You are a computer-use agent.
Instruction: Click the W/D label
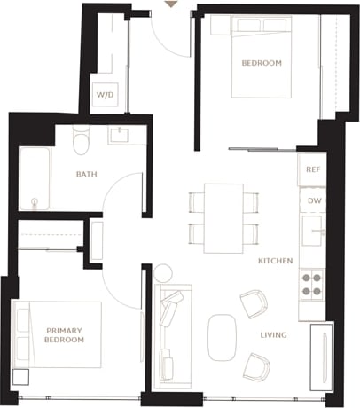coord(104,94)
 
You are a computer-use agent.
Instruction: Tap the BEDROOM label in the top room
coord(262,63)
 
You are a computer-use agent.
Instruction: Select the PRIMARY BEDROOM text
coord(64,335)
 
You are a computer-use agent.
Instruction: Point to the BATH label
coord(86,174)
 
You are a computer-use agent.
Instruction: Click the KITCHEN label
coord(276,262)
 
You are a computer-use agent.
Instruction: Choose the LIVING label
coord(272,335)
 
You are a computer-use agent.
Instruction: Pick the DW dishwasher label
coord(314,200)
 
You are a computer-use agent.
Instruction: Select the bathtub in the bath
coord(34,180)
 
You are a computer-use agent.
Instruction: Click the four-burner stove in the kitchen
coord(312,284)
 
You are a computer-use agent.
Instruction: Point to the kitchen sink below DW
coord(312,232)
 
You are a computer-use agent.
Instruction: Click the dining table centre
coord(223,217)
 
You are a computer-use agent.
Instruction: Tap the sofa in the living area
coord(169,333)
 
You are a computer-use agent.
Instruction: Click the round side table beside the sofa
coord(163,272)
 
